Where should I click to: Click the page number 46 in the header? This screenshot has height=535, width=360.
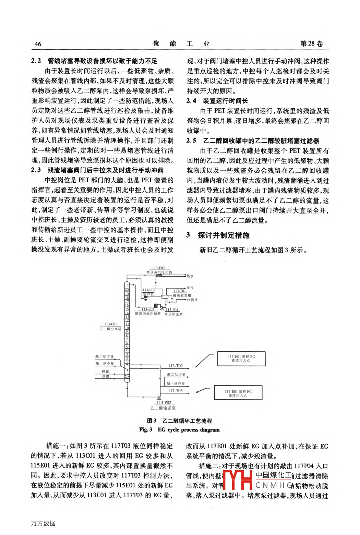[38, 44]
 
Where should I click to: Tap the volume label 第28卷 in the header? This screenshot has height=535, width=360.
[311, 44]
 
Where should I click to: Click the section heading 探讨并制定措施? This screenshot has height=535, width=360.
[223, 235]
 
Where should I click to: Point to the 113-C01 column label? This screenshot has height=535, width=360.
[110, 324]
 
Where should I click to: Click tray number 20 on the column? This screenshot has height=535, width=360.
[127, 290]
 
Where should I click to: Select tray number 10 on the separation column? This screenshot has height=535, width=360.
[127, 328]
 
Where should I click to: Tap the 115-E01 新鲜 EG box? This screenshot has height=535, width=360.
[241, 359]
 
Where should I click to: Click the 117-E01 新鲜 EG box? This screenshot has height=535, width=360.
[238, 393]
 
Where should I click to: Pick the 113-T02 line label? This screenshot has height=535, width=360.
[175, 366]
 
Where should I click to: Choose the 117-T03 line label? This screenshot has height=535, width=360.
[175, 390]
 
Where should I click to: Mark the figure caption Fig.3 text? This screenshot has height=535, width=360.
[179, 429]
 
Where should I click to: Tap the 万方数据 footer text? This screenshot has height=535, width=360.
[43, 523]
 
